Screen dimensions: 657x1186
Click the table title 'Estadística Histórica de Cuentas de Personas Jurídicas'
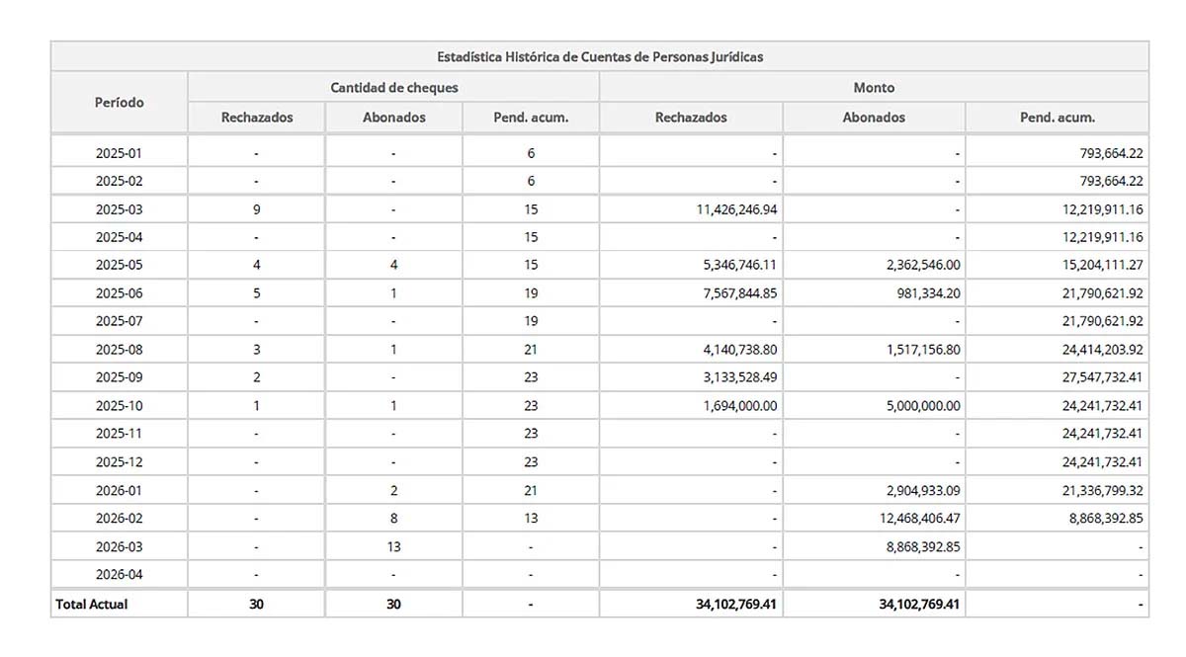(599, 57)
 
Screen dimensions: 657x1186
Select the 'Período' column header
(119, 102)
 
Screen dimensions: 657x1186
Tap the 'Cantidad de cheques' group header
(393, 87)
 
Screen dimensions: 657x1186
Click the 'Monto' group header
(874, 87)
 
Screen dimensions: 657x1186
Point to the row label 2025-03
(119, 209)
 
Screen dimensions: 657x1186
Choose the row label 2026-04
(119, 574)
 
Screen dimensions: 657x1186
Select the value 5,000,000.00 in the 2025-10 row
(918, 405)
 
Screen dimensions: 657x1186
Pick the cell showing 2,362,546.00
(918, 265)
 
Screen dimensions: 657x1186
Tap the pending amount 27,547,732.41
(1098, 377)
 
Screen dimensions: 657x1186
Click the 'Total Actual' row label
(92, 604)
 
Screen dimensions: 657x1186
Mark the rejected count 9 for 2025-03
(257, 209)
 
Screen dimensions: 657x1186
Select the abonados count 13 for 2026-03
(393, 546)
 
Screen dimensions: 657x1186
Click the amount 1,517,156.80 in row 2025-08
(918, 350)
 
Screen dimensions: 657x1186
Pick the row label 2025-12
(119, 461)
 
